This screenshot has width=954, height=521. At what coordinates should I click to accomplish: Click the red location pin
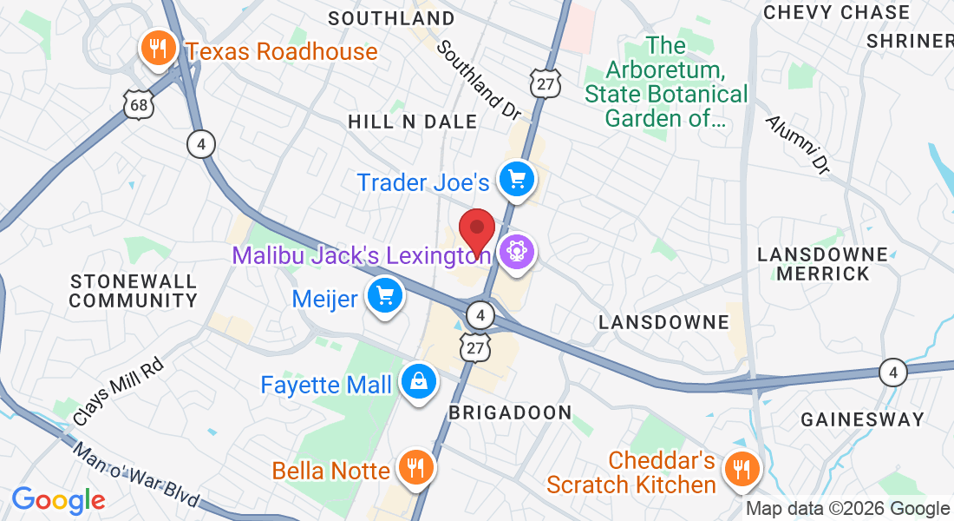[x=476, y=230]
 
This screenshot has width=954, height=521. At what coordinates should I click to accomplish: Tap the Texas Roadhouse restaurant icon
[x=157, y=49]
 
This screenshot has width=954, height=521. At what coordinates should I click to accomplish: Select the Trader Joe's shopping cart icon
[x=518, y=180]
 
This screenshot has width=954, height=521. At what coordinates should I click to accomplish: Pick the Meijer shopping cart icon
[x=385, y=297]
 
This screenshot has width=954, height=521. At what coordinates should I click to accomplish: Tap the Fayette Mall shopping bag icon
[x=418, y=382]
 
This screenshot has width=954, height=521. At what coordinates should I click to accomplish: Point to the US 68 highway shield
[x=137, y=105]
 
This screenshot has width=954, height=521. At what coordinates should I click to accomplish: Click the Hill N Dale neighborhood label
[x=412, y=122]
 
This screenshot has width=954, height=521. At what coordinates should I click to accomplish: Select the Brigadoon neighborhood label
[x=510, y=412]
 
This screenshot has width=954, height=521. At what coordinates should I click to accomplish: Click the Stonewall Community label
[x=134, y=292]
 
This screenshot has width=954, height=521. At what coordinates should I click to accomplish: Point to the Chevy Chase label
[x=836, y=12]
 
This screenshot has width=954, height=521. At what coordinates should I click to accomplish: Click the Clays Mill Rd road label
[x=119, y=392]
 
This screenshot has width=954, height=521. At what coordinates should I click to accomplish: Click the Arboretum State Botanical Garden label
[x=666, y=82]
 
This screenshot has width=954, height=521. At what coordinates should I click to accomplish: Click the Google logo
[x=58, y=500]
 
